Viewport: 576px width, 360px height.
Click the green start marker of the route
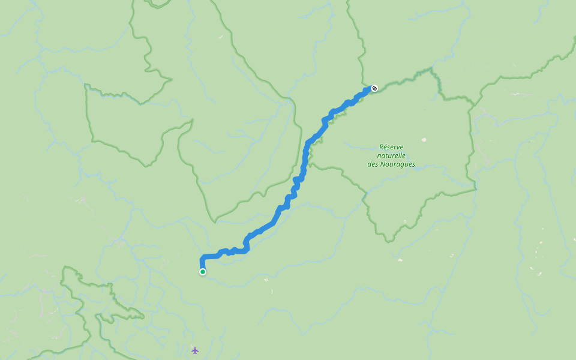coord(203,272)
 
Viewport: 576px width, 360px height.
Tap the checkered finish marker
coord(374,88)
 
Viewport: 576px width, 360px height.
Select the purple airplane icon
coord(194,350)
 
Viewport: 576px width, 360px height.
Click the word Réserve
coord(391,146)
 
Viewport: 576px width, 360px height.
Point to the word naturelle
coord(391,155)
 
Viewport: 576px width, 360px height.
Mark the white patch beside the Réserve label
coord(424,140)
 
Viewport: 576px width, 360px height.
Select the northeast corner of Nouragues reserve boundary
coord(433,70)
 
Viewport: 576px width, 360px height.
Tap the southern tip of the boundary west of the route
coord(214,221)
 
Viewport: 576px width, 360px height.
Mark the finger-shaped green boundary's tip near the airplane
coord(144,316)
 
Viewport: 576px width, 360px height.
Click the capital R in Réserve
coord(382,146)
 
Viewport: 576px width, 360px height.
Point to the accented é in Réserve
coord(386,146)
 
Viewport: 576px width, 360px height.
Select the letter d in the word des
coord(370,164)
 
